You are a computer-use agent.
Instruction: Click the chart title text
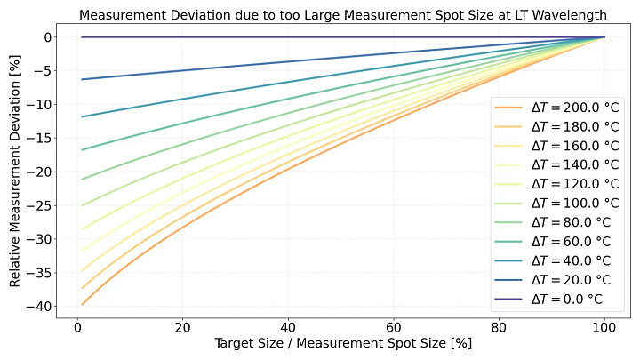(343, 14)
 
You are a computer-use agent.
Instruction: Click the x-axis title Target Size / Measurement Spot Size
(343, 343)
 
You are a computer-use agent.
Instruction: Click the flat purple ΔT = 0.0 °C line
(267, 37)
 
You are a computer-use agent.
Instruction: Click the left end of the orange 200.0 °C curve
(82, 304)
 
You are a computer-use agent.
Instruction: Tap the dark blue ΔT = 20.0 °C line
(267, 62)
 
